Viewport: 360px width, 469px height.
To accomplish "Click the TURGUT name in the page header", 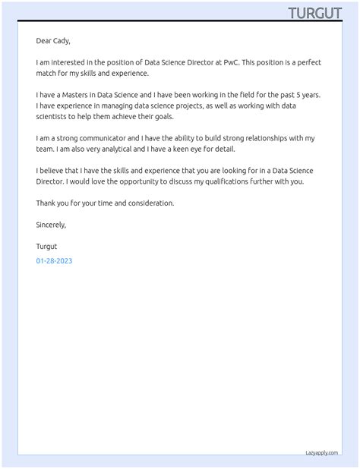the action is pyautogui.click(x=314, y=13).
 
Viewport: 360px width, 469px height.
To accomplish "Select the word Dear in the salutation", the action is pyautogui.click(x=44, y=41).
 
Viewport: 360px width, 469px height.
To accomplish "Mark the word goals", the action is pyautogui.click(x=163, y=117).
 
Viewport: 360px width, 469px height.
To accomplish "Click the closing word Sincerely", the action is pyautogui.click(x=51, y=225).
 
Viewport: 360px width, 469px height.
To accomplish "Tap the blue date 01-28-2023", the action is pyautogui.click(x=54, y=261).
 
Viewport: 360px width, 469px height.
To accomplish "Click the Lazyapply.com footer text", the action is pyautogui.click(x=321, y=452).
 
